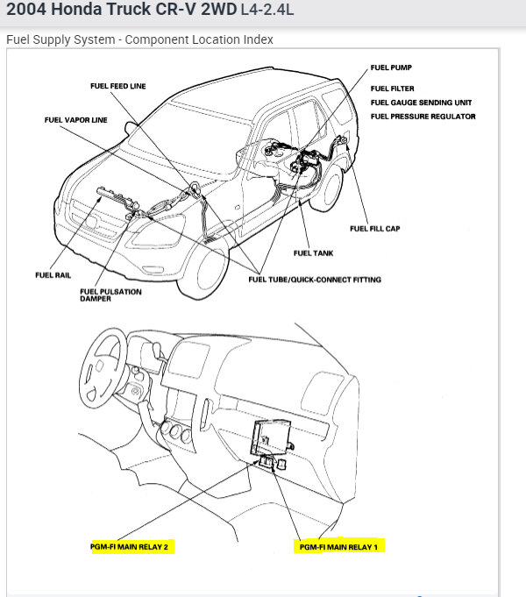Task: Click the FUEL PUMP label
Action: click(x=392, y=67)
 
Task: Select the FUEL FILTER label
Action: click(x=393, y=89)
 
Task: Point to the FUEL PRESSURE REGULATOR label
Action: click(x=423, y=117)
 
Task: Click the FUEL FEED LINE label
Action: click(x=117, y=86)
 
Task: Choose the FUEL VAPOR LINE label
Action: click(x=76, y=120)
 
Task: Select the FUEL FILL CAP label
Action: click(x=374, y=229)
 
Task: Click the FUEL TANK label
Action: click(x=313, y=253)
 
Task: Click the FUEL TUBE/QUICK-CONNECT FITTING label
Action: click(x=315, y=280)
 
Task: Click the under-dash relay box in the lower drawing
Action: click(x=273, y=435)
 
